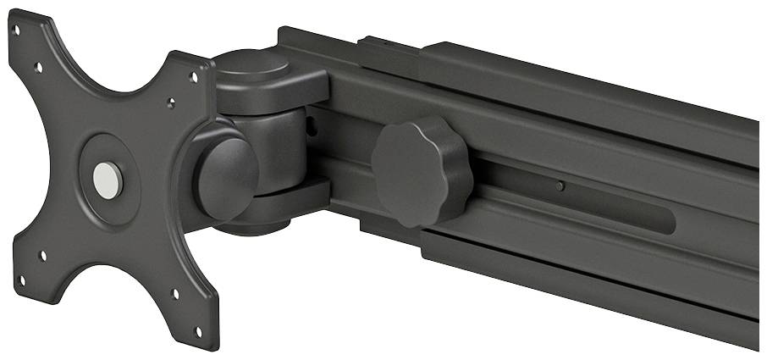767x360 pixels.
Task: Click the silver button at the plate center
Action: point(108,179)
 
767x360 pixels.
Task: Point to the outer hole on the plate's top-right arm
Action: point(194,78)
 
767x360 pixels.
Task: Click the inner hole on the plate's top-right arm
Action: point(171,105)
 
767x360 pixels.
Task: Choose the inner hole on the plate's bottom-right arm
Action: point(175,294)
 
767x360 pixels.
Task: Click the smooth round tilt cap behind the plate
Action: point(226,176)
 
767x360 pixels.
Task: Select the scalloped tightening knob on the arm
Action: point(420,173)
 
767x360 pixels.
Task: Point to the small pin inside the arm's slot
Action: point(560,186)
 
